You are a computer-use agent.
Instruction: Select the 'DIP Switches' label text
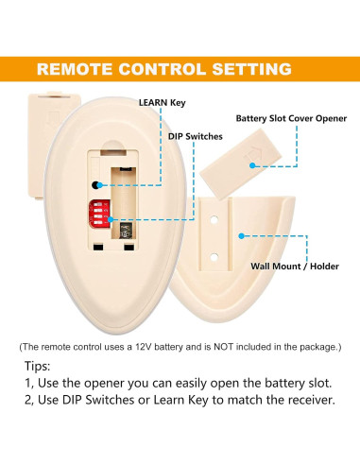[195, 136]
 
